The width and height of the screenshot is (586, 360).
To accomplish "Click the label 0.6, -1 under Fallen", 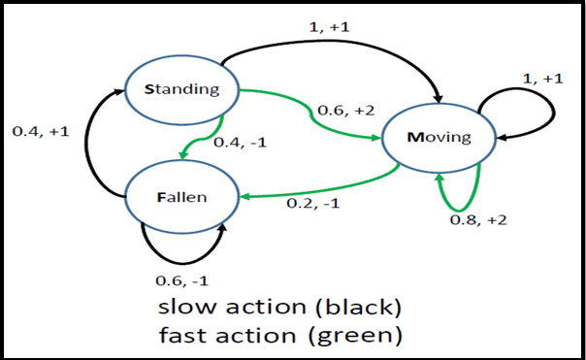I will coord(180,279).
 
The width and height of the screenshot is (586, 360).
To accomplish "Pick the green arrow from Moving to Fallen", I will coord(320,188).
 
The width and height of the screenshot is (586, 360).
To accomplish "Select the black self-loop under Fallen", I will coord(180,250).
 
